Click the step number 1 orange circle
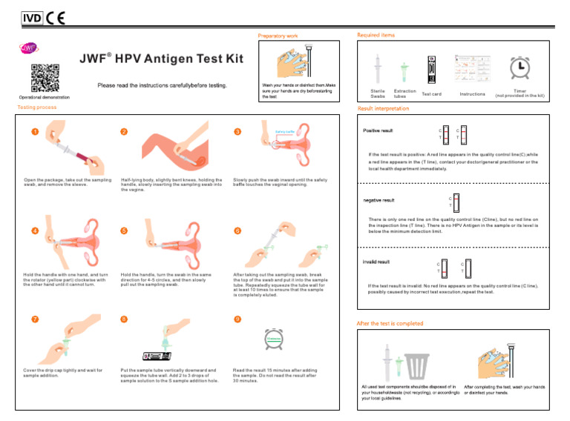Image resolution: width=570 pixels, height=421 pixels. tap(35, 133)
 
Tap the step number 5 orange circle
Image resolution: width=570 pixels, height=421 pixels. tap(123, 231)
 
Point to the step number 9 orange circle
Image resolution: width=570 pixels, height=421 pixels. tap(236, 319)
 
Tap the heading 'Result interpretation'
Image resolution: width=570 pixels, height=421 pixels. tap(383, 108)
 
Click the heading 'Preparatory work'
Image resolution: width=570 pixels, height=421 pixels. tap(278, 36)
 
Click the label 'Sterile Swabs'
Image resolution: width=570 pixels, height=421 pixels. tap(378, 93)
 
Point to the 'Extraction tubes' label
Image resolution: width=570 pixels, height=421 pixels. tap(405, 93)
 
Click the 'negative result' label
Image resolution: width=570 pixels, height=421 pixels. tap(379, 200)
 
